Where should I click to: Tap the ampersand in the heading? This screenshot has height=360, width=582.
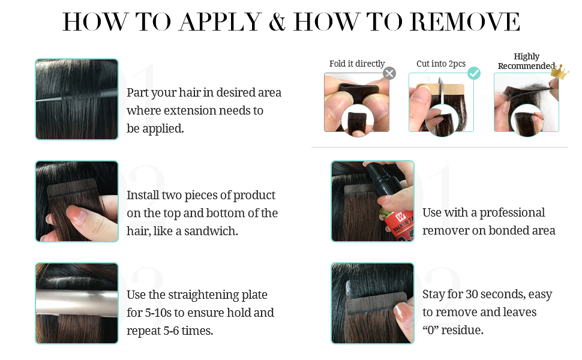pyautogui.click(x=277, y=23)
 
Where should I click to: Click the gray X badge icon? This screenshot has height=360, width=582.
pyautogui.click(x=389, y=73)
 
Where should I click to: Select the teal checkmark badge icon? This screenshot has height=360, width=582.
pyautogui.click(x=474, y=73)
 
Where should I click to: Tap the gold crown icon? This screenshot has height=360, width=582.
pyautogui.click(x=560, y=72)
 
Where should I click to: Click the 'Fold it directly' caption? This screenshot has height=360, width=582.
pyautogui.click(x=357, y=64)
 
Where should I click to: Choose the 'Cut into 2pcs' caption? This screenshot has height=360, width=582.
pyautogui.click(x=441, y=64)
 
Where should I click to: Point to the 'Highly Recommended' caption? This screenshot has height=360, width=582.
pyautogui.click(x=526, y=61)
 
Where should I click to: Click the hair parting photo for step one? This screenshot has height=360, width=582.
pyautogui.click(x=77, y=99)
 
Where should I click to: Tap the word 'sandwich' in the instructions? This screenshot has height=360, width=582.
pyautogui.click(x=213, y=231)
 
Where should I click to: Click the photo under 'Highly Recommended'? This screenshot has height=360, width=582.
pyautogui.click(x=526, y=102)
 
